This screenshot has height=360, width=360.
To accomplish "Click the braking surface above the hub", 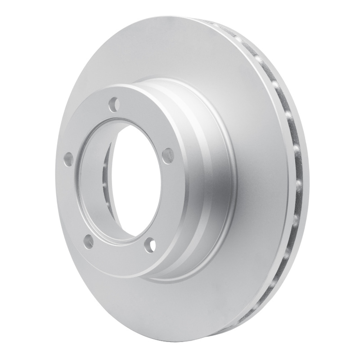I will click(189, 49).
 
